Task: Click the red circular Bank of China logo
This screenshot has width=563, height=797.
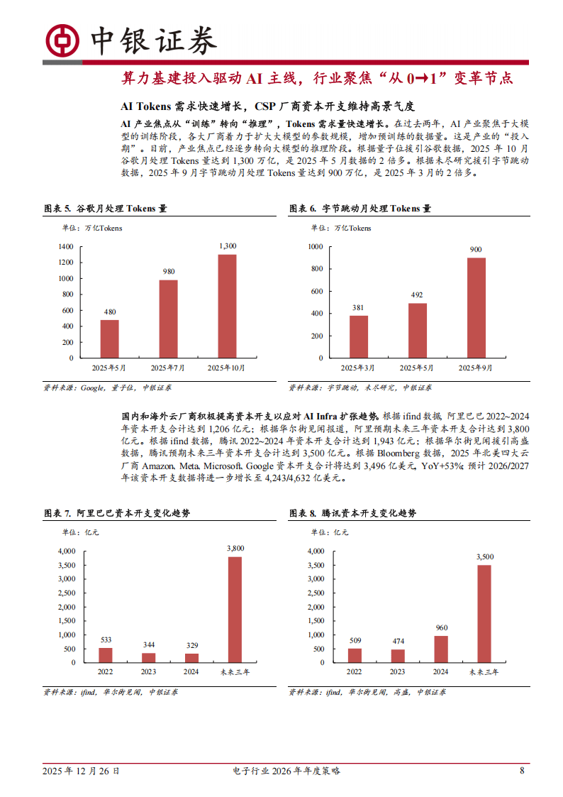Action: click(62, 40)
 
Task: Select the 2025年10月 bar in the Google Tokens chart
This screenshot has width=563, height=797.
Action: click(227, 306)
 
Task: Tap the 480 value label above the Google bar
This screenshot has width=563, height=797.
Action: click(109, 312)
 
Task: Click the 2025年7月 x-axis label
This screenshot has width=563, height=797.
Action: click(168, 368)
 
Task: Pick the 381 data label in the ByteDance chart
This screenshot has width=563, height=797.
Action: click(358, 308)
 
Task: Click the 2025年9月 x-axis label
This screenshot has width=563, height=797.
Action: click(476, 368)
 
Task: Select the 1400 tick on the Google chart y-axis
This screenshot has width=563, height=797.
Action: click(66, 246)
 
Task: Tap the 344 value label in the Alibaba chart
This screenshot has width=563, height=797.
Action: click(148, 645)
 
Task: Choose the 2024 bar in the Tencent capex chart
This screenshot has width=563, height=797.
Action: click(441, 649)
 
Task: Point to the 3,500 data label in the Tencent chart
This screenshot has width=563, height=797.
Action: click(484, 556)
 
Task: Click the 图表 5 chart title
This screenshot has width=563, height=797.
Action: click(105, 209)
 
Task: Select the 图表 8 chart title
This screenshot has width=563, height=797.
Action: click(352, 513)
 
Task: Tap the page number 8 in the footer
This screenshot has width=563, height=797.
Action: click(522, 771)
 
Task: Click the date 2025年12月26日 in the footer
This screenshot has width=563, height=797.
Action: click(81, 771)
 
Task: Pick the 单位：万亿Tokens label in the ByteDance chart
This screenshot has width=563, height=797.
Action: click(340, 228)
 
